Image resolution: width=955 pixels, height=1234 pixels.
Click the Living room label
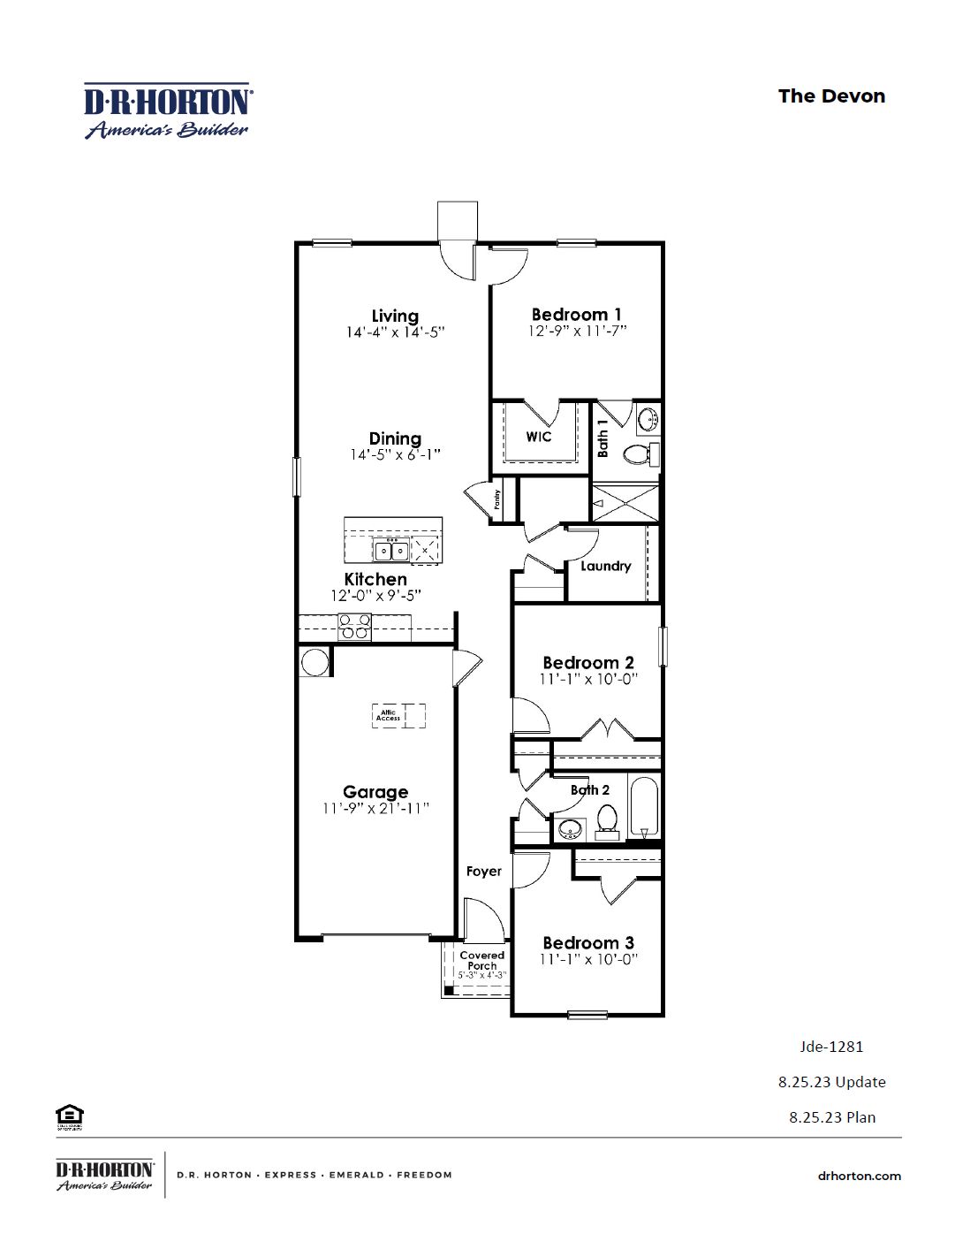click(395, 316)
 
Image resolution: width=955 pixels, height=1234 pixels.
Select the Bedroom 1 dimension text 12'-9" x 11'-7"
click(577, 331)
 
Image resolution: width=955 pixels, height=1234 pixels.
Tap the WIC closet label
click(538, 437)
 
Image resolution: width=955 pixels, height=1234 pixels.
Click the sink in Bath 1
click(648, 418)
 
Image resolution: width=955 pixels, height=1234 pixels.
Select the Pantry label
click(497, 499)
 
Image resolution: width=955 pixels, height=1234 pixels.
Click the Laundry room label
click(605, 566)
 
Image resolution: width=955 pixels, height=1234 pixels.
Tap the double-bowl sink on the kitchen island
click(390, 551)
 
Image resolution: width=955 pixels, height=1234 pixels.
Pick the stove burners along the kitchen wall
click(355, 627)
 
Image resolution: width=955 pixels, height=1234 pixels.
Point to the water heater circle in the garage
click(315, 662)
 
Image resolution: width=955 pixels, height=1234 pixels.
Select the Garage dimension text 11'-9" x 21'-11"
click(375, 809)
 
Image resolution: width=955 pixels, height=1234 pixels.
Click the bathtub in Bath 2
click(644, 806)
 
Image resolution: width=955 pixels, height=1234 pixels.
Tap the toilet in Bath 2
click(606, 821)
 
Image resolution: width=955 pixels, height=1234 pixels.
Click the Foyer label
click(483, 872)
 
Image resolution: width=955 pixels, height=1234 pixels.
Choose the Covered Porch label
click(481, 960)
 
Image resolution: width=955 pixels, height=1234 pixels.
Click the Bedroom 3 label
click(587, 942)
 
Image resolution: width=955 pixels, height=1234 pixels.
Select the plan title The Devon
click(830, 96)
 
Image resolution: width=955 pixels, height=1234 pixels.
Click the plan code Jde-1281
click(831, 1047)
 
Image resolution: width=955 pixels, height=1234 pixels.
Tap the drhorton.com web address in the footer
click(859, 1176)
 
